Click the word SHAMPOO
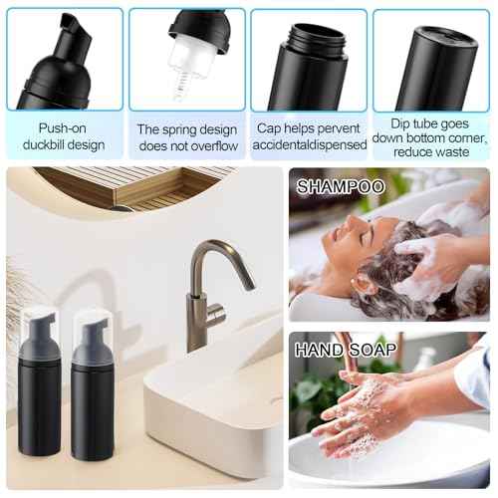click(x=340, y=186)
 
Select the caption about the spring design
click(x=187, y=136)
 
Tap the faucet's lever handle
click(x=212, y=319)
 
